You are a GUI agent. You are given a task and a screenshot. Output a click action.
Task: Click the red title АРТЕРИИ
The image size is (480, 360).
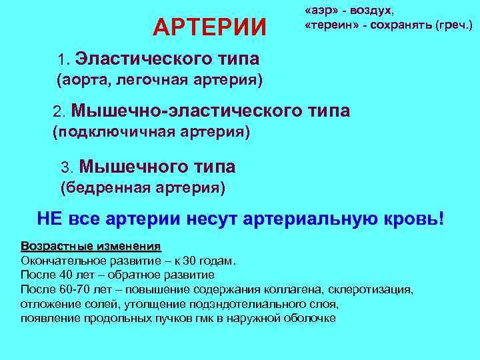click(209, 27)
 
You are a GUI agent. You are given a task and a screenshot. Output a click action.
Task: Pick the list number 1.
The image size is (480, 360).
click(63, 59)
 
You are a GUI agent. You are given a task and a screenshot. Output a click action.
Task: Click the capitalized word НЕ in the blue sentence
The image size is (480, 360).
click(49, 219)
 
